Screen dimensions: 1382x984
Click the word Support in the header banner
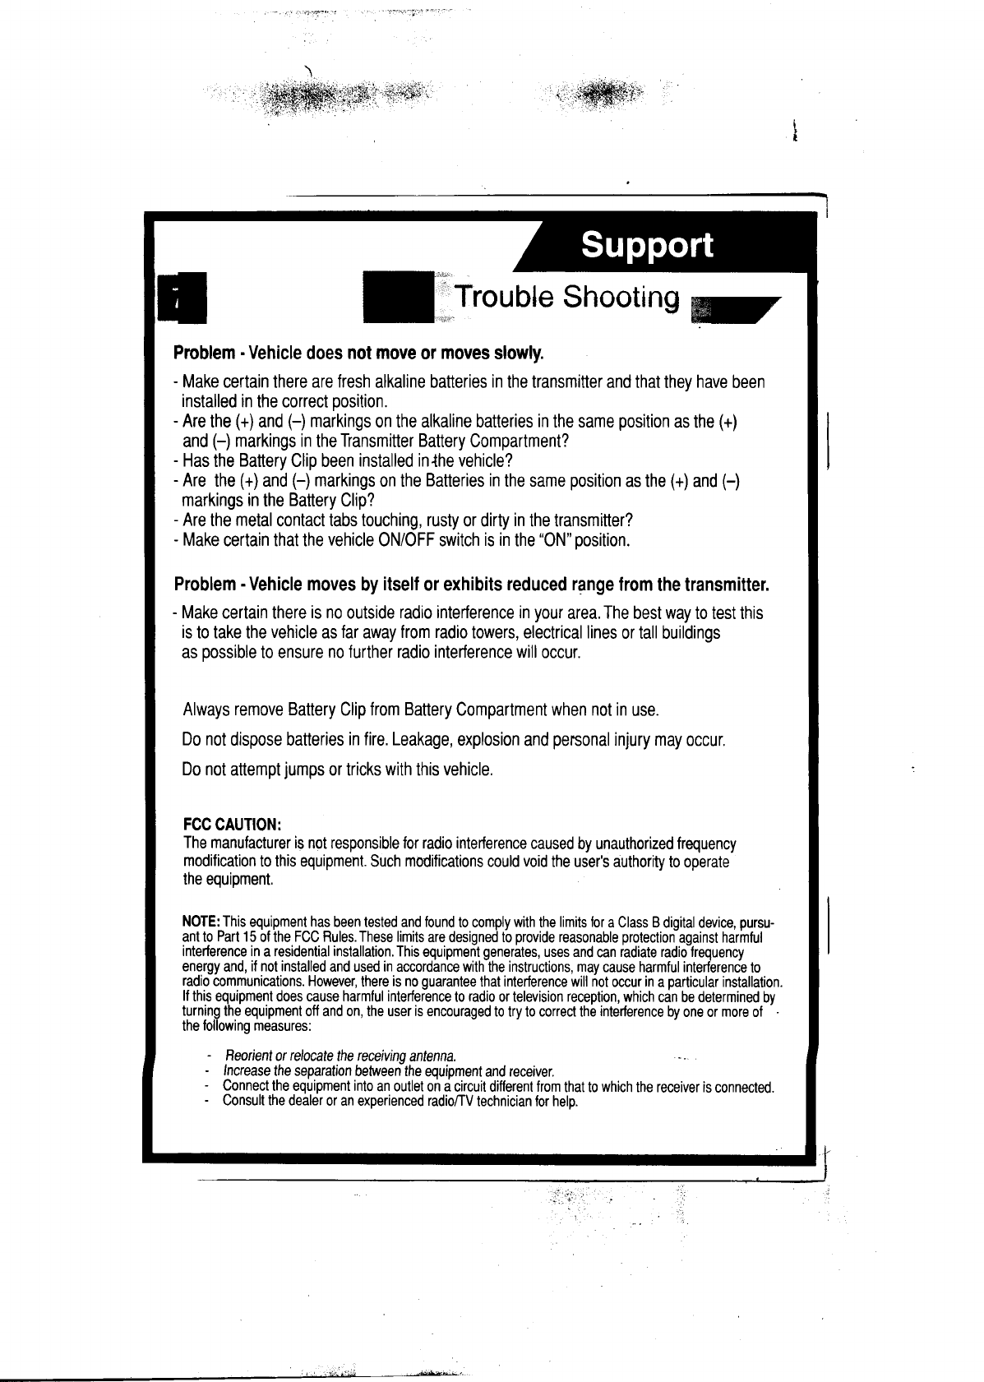pos(646,245)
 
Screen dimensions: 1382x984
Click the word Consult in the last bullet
pos(243,1101)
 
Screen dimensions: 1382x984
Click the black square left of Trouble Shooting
pos(399,297)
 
